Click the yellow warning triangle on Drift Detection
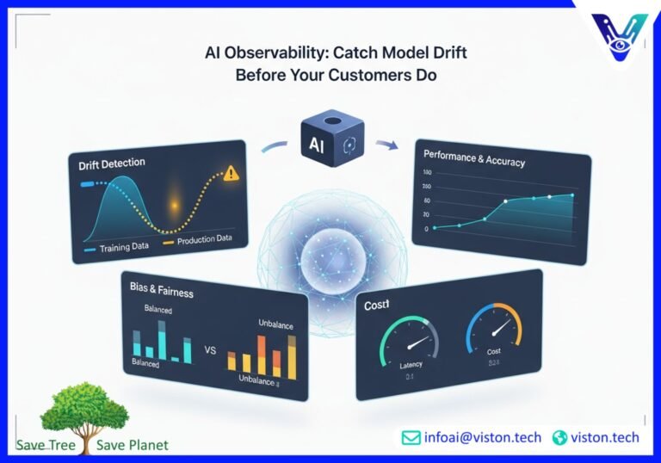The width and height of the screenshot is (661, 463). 230,174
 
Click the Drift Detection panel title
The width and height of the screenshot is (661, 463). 111,163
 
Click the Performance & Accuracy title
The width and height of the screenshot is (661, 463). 474,157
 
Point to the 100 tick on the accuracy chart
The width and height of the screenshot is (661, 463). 428,173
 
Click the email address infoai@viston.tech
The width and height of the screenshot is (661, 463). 482,437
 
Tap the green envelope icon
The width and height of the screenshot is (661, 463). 411,438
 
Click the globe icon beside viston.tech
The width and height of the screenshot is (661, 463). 560,438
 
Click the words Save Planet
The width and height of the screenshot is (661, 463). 133,445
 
